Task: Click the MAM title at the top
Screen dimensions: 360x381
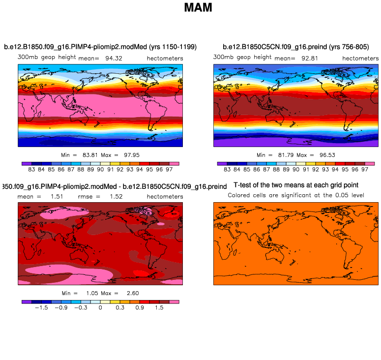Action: [x=198, y=8]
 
